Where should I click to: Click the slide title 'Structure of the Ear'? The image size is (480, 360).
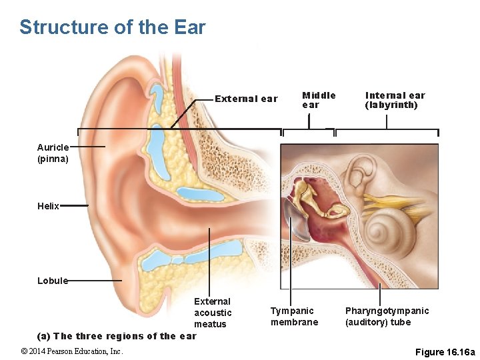pyautogui.click(x=113, y=27)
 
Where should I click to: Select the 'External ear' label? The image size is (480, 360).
pyautogui.click(x=246, y=99)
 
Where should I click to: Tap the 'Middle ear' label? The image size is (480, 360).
pyautogui.click(x=319, y=100)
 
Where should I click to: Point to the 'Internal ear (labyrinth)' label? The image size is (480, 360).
pyautogui.click(x=395, y=100)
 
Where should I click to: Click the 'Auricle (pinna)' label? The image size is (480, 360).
pyautogui.click(x=53, y=153)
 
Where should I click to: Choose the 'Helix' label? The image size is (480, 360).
pyautogui.click(x=49, y=207)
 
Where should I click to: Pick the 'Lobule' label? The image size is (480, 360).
pyautogui.click(x=53, y=281)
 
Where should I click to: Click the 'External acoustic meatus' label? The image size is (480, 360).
pyautogui.click(x=213, y=313)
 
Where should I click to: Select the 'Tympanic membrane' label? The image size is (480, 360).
pyautogui.click(x=294, y=316)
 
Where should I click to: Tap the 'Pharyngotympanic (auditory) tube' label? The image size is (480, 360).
pyautogui.click(x=387, y=316)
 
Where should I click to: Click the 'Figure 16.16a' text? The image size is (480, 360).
pyautogui.click(x=445, y=351)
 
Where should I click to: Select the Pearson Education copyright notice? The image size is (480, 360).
pyautogui.click(x=72, y=351)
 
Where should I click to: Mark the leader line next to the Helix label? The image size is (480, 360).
pyautogui.click(x=75, y=206)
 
